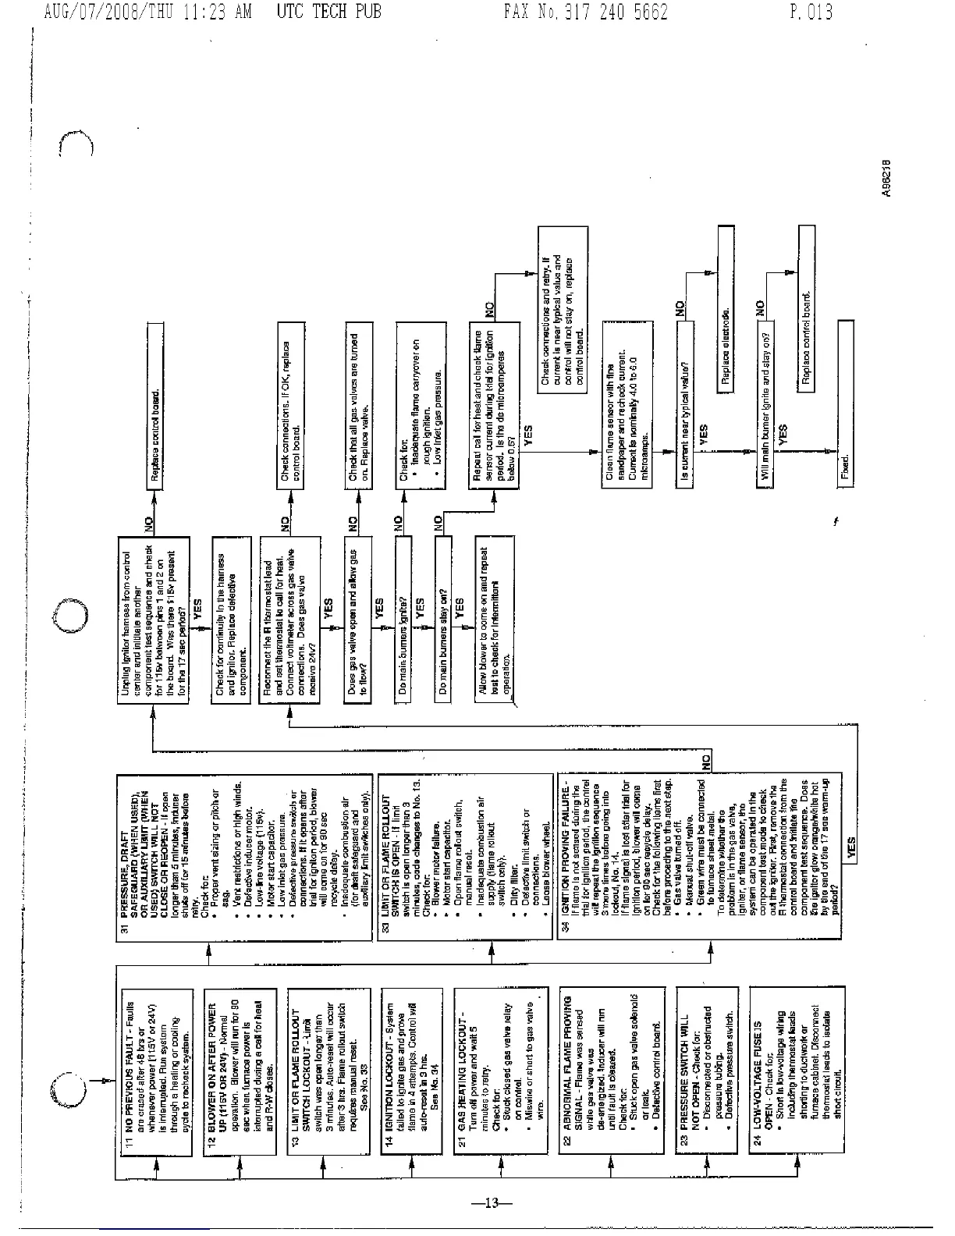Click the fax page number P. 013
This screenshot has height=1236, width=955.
[811, 12]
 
